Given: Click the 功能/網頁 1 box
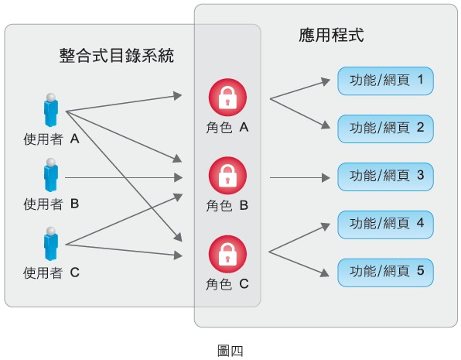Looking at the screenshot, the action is tap(385, 81).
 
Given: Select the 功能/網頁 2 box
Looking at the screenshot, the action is tap(385, 129).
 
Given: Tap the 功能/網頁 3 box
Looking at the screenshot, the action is tap(385, 177).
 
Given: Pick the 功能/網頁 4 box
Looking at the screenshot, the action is tap(385, 225).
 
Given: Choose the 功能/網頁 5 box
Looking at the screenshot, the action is tap(385, 273).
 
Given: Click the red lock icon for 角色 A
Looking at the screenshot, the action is tap(227, 98).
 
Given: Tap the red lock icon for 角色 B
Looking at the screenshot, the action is tap(227, 176).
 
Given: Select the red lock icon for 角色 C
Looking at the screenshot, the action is tap(227, 254).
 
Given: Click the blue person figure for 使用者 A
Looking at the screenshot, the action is tap(51, 110).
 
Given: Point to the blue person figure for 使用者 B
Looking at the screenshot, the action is tap(51, 175).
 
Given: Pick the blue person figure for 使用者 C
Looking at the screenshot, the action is tap(51, 244).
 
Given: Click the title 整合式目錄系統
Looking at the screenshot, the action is tap(117, 55).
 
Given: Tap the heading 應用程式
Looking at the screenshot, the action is tap(331, 35).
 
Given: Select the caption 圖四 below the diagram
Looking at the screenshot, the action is tap(230, 351).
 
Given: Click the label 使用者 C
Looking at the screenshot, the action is tap(52, 273).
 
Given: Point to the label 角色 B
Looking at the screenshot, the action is tap(227, 205).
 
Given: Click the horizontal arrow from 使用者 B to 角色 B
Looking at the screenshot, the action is tap(124, 178).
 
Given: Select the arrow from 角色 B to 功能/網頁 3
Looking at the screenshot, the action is tap(300, 178).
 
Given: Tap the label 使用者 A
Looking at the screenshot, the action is tap(52, 139).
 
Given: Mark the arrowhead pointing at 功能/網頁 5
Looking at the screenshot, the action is tap(325, 273).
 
